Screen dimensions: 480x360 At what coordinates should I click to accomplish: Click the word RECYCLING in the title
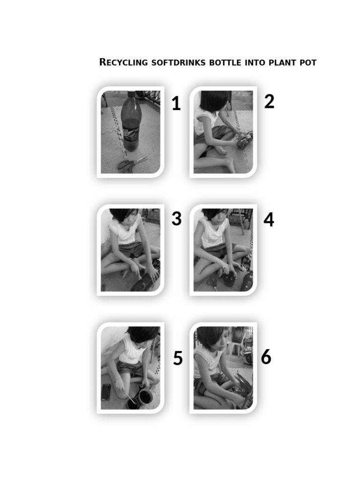click(123, 62)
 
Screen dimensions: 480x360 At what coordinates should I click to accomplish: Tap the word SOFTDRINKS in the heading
click(178, 62)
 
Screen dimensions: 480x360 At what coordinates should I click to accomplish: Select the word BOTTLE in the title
click(225, 62)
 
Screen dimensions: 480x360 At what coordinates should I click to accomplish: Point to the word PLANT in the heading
click(281, 62)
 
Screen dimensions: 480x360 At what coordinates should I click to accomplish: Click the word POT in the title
click(307, 62)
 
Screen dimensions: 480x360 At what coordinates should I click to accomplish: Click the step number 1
click(176, 104)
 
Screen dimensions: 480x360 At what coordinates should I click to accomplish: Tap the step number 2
click(269, 101)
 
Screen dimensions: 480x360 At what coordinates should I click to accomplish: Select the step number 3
click(176, 219)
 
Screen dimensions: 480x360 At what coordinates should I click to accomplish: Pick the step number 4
click(269, 219)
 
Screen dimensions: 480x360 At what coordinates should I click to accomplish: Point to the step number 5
click(178, 359)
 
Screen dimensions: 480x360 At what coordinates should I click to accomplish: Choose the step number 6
click(266, 357)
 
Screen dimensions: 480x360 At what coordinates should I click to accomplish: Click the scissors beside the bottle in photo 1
click(131, 163)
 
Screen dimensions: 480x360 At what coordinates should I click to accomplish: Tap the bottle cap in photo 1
click(131, 94)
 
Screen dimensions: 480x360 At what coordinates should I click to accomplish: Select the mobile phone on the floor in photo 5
click(106, 392)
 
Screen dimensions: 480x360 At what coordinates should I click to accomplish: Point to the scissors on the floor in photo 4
click(212, 283)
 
